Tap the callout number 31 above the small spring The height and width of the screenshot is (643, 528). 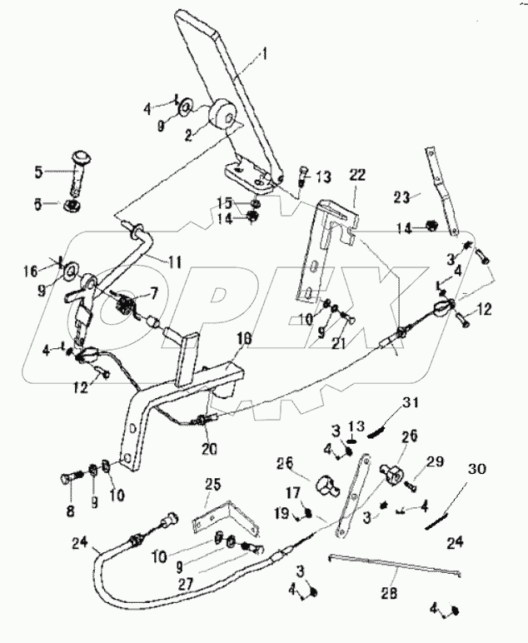tap(408, 404)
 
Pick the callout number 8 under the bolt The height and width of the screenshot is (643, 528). tap(70, 510)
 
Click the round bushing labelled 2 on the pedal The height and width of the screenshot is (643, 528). tap(222, 114)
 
